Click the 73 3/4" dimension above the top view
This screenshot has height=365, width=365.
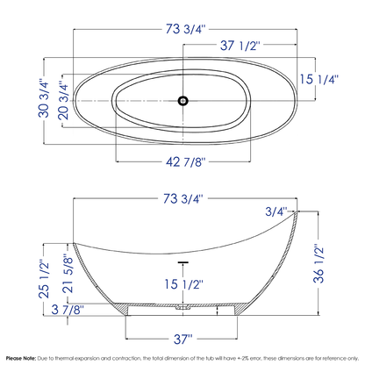click(x=186, y=29)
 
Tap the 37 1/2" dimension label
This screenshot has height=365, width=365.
click(x=240, y=46)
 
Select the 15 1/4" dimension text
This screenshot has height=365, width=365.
click(x=319, y=79)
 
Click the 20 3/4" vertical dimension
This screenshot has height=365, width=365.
click(x=63, y=100)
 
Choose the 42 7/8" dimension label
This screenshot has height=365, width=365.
click(x=186, y=161)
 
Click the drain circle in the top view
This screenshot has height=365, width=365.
click(x=183, y=101)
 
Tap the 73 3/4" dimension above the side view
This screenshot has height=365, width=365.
click(x=183, y=199)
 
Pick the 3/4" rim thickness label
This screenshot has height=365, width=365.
click(x=276, y=211)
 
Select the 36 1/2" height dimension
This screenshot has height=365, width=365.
click(x=318, y=263)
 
